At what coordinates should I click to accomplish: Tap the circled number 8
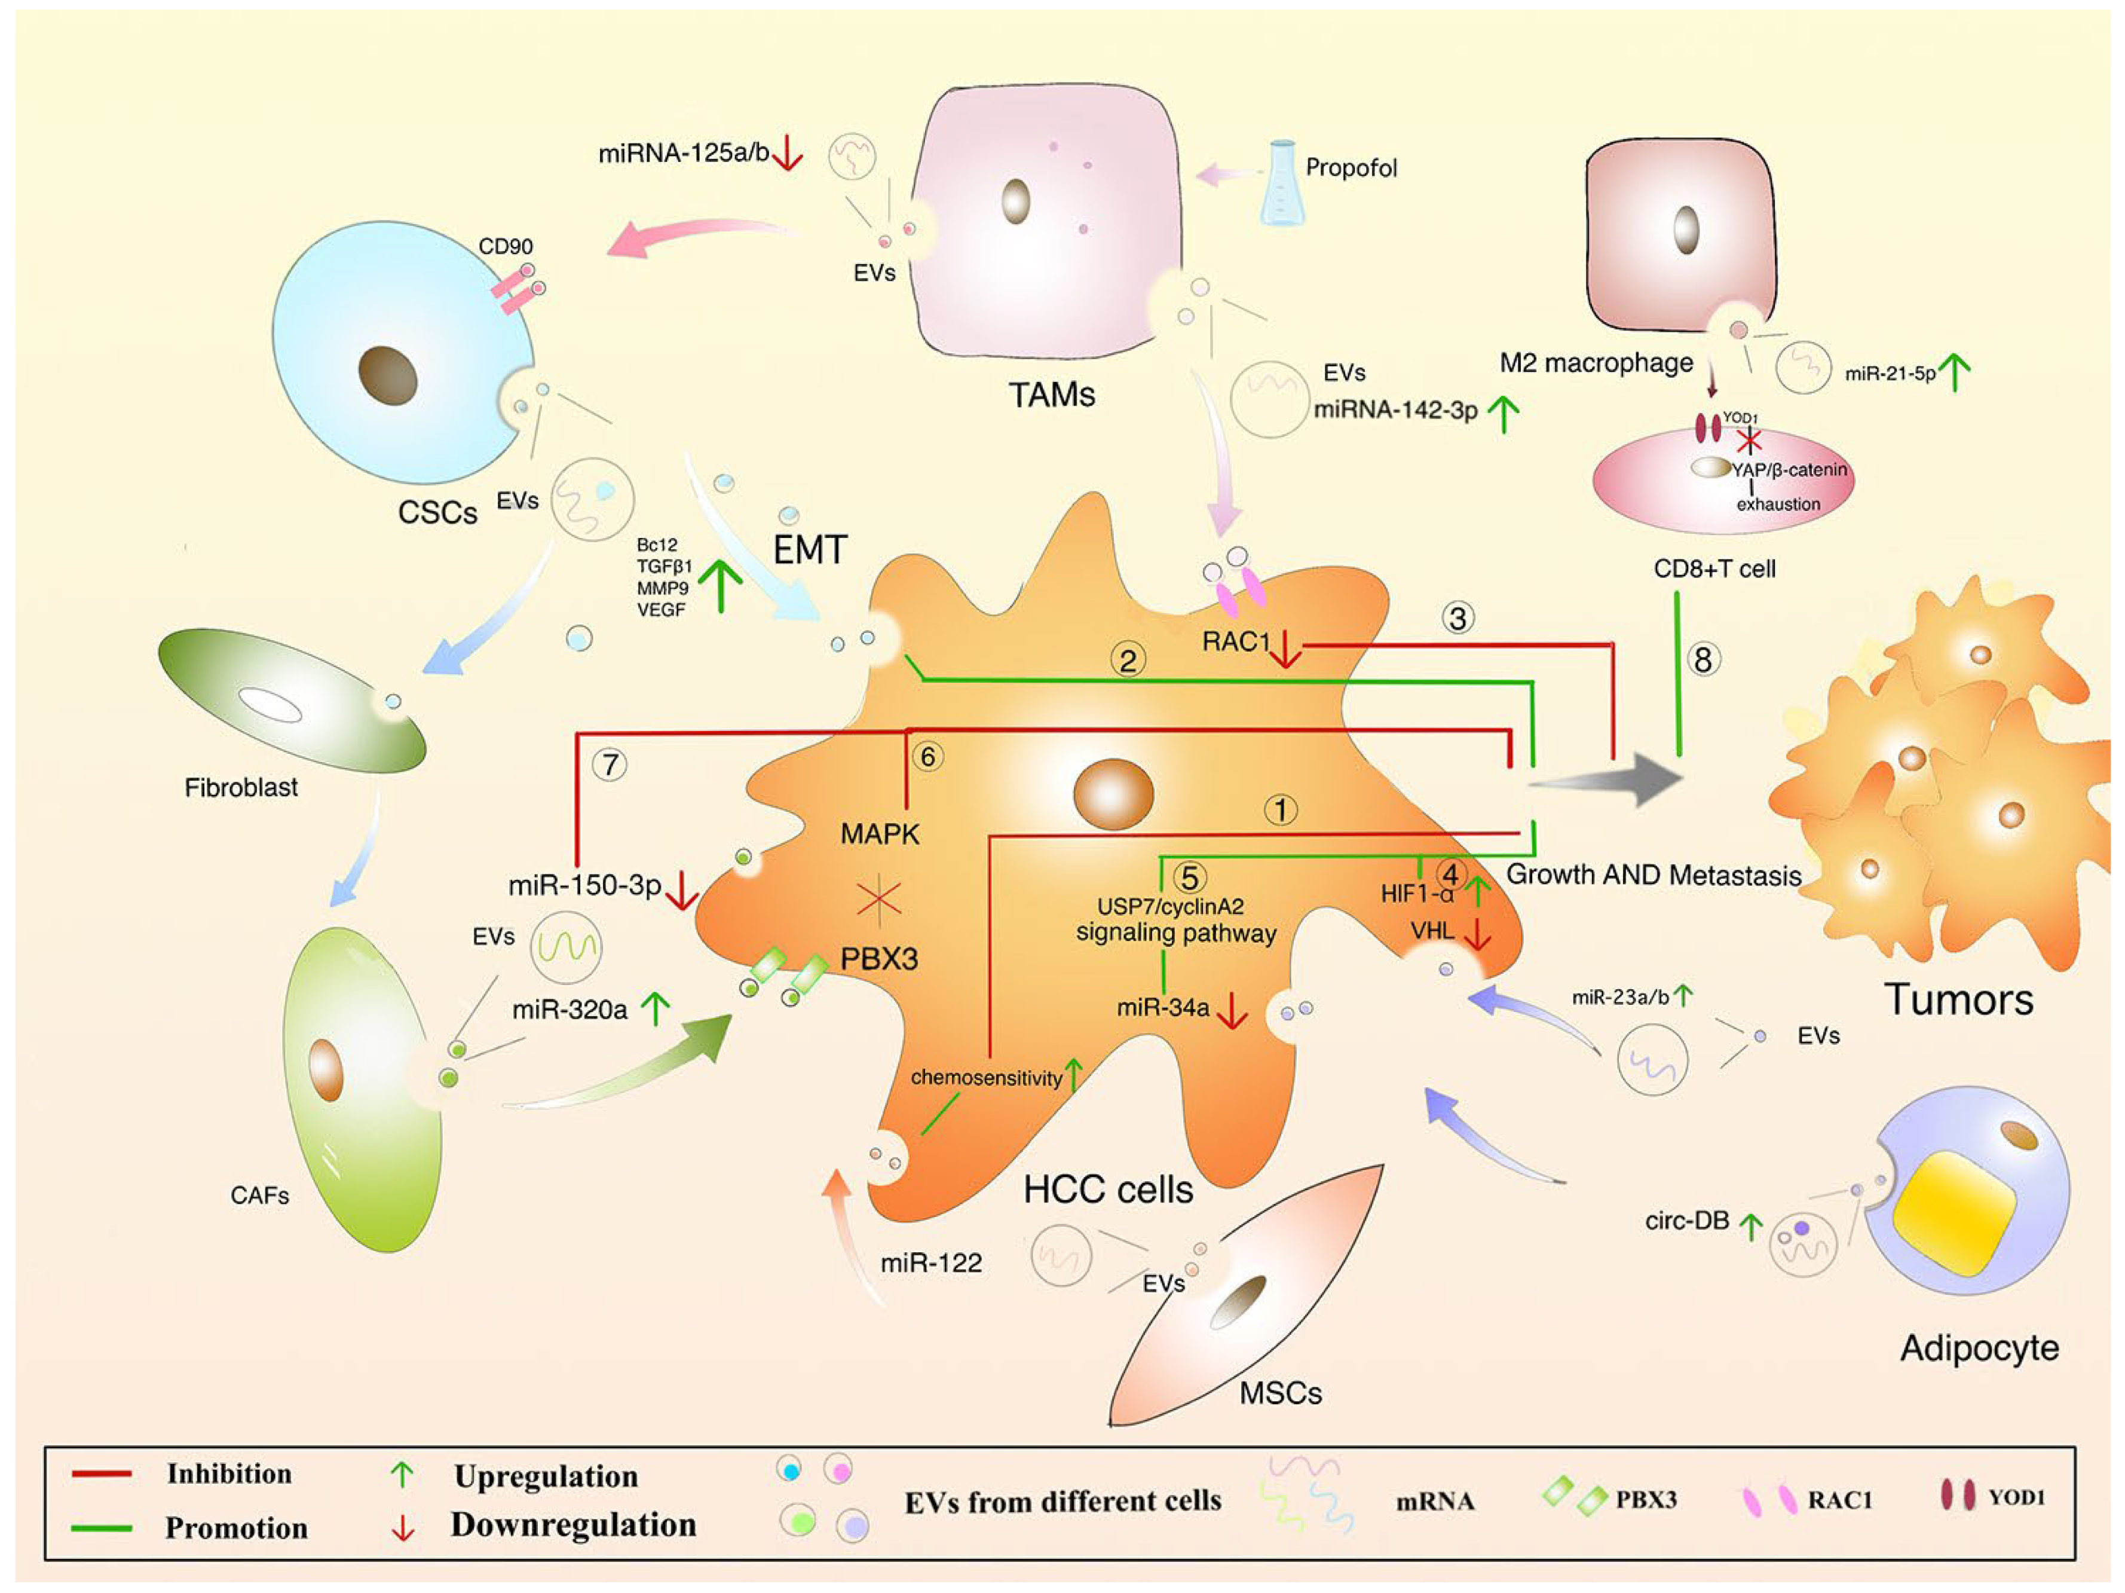tap(1703, 660)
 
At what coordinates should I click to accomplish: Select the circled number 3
tap(1458, 618)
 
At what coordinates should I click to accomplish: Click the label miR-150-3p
tap(584, 885)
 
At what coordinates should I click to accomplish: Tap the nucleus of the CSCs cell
tap(387, 375)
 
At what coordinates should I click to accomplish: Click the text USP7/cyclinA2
tap(1170, 906)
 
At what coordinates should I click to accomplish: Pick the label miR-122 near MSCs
tap(931, 1262)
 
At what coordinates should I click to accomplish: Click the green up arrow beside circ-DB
tap(1752, 1226)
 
